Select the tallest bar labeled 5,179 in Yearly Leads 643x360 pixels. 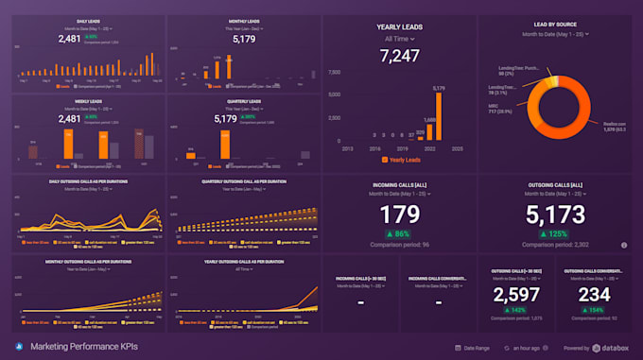pyautogui.click(x=439, y=118)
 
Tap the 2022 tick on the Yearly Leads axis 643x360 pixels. pyautogui.click(x=430, y=149)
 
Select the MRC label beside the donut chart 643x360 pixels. pyautogui.click(x=494, y=105)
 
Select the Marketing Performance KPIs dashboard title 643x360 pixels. pyautogui.click(x=83, y=347)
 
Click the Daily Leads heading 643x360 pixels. pyautogui.click(x=90, y=20)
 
